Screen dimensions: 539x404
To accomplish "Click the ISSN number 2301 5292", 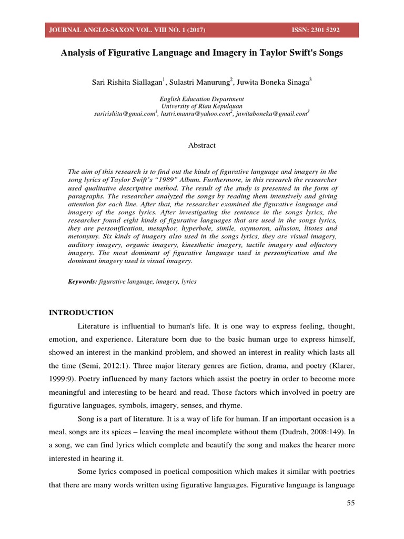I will tap(324, 30).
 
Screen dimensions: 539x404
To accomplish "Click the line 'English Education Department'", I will tap(202, 99).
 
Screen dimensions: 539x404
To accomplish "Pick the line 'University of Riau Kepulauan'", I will tap(202, 106).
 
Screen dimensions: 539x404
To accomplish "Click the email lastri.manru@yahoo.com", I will tap(196, 113).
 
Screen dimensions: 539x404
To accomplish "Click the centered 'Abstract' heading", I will tap(202, 145).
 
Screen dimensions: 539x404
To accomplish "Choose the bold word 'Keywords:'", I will tap(83, 282).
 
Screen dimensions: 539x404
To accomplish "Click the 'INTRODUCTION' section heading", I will tap(81, 313).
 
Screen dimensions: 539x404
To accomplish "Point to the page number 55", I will tap(351, 503).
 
